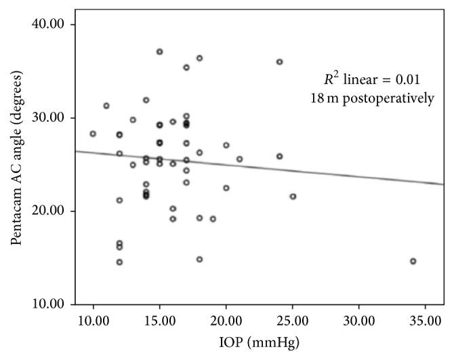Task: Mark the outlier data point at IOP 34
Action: (x=413, y=261)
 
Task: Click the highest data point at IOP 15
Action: (x=160, y=52)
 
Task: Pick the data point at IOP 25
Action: (x=293, y=197)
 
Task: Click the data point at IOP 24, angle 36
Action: (x=279, y=62)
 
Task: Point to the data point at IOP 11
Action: (x=106, y=106)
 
